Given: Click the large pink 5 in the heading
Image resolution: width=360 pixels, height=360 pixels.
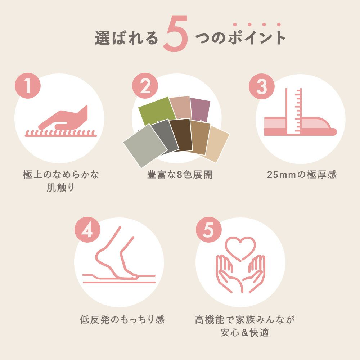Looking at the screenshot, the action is coord(176,34).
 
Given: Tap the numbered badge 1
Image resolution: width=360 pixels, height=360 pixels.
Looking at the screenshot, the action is coord(28,86).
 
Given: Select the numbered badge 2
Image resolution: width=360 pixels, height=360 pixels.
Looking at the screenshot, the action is coord(145,86).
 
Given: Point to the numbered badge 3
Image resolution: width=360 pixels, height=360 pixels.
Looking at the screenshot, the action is coord(262,86).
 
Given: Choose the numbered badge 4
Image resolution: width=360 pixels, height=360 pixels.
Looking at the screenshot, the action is coord(87,230).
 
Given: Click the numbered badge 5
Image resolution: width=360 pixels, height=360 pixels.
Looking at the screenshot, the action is coord(208,230).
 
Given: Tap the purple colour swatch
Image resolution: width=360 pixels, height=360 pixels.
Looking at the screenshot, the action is coord(200,110).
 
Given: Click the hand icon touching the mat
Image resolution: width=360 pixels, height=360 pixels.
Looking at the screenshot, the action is coord(63,118).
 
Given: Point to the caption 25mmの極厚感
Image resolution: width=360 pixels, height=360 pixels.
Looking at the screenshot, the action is coord(302,175).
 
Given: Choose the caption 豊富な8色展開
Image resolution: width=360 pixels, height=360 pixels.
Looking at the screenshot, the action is coord(180,175).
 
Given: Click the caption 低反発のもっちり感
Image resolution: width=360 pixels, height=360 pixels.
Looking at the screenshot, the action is coord(122,320).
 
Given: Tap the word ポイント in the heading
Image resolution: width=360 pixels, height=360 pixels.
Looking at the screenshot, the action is coord(256,37).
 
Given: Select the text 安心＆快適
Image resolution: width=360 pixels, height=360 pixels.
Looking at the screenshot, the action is coord(245,332).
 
